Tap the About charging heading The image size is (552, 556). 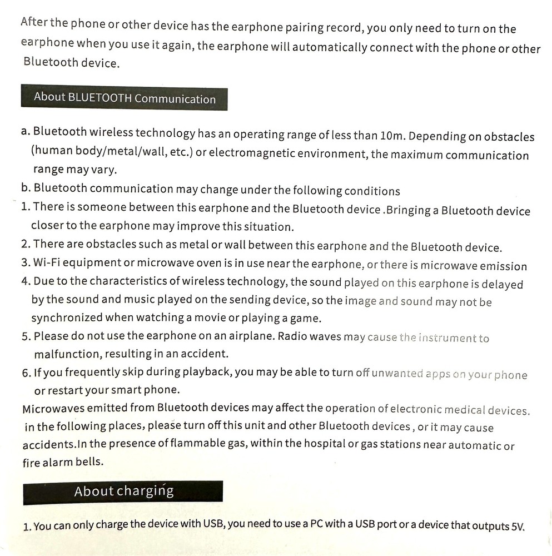click(123, 492)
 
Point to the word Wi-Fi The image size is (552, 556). click(46, 262)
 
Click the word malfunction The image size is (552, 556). click(66, 354)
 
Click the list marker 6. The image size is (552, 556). click(26, 373)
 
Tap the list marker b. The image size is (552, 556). click(26, 188)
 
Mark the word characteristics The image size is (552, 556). click(134, 281)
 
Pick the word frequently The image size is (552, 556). click(87, 373)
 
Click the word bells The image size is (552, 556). click(90, 463)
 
